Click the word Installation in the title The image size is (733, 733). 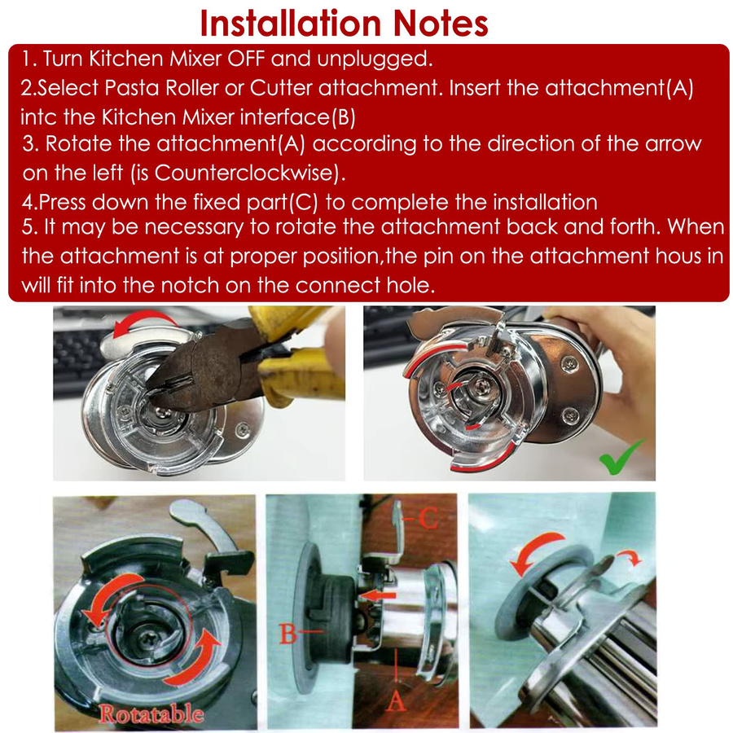[x=291, y=23]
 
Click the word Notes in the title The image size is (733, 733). [x=441, y=23]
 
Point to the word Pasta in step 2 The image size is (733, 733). [x=131, y=88]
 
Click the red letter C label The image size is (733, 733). [x=428, y=517]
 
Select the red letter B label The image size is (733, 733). [x=288, y=634]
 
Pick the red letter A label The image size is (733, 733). [x=396, y=700]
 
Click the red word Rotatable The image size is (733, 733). [x=151, y=713]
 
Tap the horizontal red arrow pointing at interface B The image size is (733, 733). [x=378, y=595]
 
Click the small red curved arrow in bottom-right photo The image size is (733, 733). [x=630, y=555]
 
